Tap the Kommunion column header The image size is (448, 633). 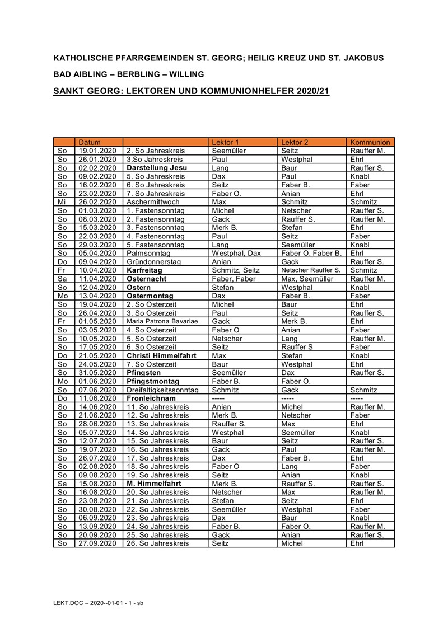click(x=370, y=142)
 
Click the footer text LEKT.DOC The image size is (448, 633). click(x=63, y=603)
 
